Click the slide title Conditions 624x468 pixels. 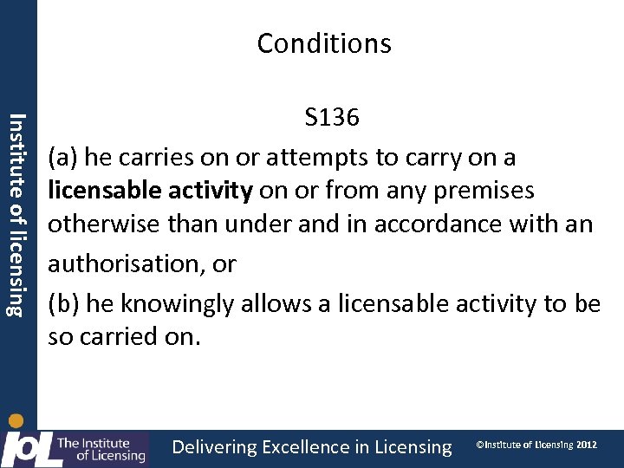(x=324, y=43)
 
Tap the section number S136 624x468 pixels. (x=331, y=118)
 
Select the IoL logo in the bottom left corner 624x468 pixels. (x=74, y=446)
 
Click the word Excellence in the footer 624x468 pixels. (x=306, y=447)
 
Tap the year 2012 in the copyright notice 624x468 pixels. (x=586, y=445)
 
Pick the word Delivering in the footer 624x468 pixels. (x=215, y=447)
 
